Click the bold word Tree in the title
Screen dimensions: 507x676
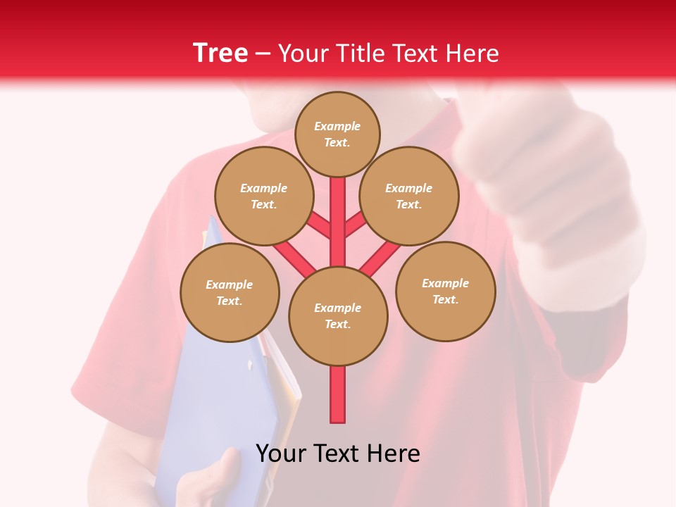(x=220, y=54)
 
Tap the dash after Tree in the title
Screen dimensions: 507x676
(x=263, y=54)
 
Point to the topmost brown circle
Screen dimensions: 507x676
(x=337, y=134)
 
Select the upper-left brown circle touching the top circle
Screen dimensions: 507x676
(x=263, y=196)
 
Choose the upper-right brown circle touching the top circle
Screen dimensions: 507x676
(x=409, y=196)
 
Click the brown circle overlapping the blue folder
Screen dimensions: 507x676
(x=230, y=292)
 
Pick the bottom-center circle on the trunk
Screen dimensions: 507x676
(x=338, y=315)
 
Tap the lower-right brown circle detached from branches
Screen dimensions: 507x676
(x=445, y=291)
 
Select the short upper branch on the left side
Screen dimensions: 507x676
(x=320, y=225)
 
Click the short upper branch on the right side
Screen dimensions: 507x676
(x=355, y=225)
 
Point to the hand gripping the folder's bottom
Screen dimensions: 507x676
(x=211, y=479)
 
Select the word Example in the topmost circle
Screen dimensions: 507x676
(x=337, y=126)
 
